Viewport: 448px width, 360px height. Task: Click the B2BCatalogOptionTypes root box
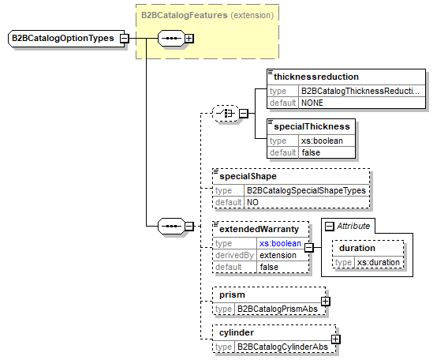pyautogui.click(x=62, y=38)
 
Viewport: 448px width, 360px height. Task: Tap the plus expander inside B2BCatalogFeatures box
pyautogui.click(x=190, y=38)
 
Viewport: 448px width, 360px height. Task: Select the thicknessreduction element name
pyautogui.click(x=315, y=77)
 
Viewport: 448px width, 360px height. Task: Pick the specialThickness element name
pyautogui.click(x=312, y=126)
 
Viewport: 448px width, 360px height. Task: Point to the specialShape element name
pyautogui.click(x=248, y=176)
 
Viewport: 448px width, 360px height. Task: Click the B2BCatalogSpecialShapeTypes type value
pyautogui.click(x=297, y=190)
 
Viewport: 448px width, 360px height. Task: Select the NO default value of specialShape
pyautogui.click(x=253, y=202)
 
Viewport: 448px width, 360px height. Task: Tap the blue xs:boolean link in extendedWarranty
pyautogui.click(x=280, y=243)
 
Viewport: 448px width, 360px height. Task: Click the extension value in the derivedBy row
pyautogui.click(x=278, y=255)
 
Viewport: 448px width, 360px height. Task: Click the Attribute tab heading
pyautogui.click(x=353, y=226)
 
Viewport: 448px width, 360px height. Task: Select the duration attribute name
pyautogui.click(x=357, y=247)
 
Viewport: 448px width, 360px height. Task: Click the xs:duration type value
pyautogui.click(x=378, y=262)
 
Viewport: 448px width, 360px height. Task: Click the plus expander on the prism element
pyautogui.click(x=325, y=301)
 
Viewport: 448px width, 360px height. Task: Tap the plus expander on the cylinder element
pyautogui.click(x=336, y=339)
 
